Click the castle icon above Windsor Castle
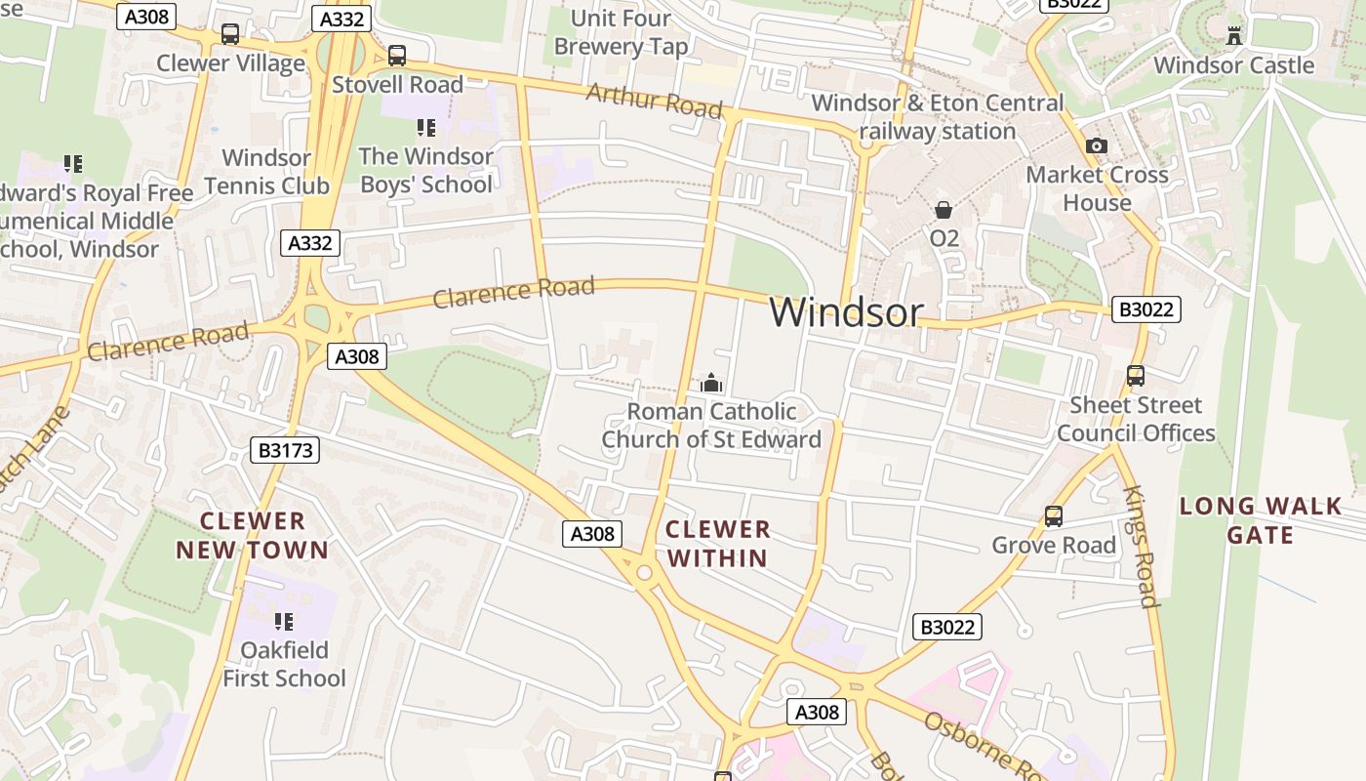pyautogui.click(x=1234, y=36)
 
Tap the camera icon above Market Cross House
pyautogui.click(x=1097, y=145)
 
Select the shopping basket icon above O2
pyautogui.click(x=944, y=210)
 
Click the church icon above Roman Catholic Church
pyautogui.click(x=711, y=383)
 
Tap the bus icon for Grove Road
pyautogui.click(x=1054, y=516)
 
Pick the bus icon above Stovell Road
pyautogui.click(x=396, y=56)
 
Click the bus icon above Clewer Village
pyautogui.click(x=230, y=34)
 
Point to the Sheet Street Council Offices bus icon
pyautogui.click(x=1136, y=376)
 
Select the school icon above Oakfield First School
pyautogui.click(x=284, y=622)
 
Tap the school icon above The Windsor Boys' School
pyautogui.click(x=425, y=128)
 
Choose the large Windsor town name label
pyautogui.click(x=846, y=312)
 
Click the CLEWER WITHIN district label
pyautogui.click(x=718, y=544)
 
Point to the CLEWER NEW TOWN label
pyautogui.click(x=253, y=535)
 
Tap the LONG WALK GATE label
pyautogui.click(x=1261, y=520)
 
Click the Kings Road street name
pyautogui.click(x=1140, y=547)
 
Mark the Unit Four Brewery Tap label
pyautogui.click(x=621, y=32)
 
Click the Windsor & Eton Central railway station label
pyautogui.click(x=938, y=116)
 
